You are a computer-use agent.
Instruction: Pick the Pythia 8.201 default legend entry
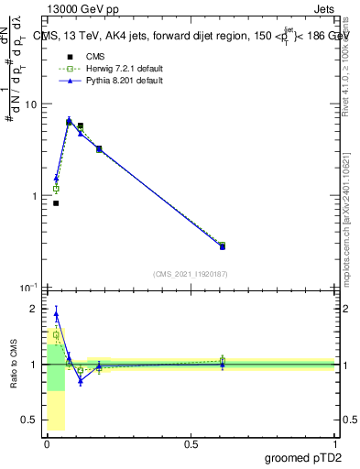(x=102, y=81)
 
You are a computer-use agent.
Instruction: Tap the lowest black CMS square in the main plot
(x=56, y=203)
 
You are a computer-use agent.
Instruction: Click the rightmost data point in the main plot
(x=222, y=245)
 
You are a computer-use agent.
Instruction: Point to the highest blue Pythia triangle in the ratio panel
(x=56, y=314)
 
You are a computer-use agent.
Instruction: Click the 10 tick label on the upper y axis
(x=29, y=104)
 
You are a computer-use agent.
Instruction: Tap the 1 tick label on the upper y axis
(x=33, y=196)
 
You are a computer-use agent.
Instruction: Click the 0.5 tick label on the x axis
(x=191, y=443)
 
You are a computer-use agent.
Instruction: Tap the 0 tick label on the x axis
(x=47, y=443)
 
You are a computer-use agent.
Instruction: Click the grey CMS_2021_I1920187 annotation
(x=191, y=273)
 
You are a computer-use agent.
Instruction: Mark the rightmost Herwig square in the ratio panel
(x=222, y=360)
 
